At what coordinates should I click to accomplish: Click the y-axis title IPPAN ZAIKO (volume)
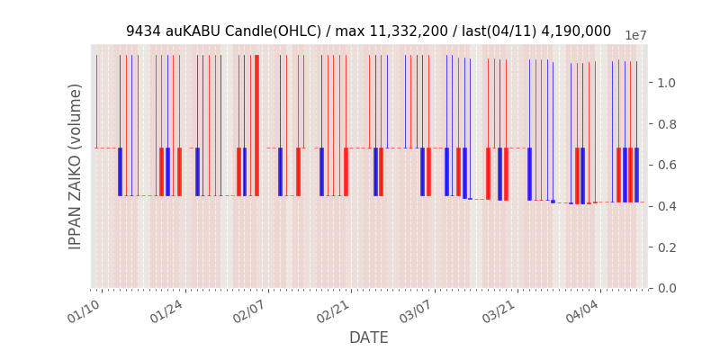[76, 166]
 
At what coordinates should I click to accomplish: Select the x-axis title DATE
[369, 337]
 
